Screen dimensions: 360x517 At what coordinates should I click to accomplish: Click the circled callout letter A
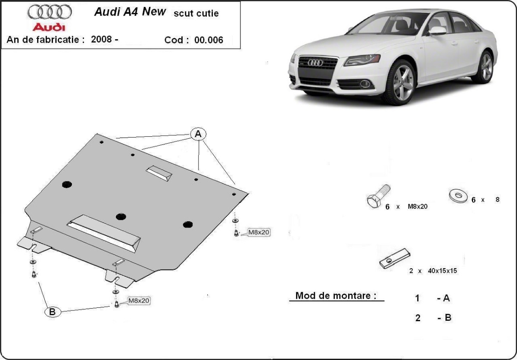(198, 134)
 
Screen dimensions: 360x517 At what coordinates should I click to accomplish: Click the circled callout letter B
(52, 312)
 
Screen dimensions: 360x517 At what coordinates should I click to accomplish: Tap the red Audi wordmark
(50, 27)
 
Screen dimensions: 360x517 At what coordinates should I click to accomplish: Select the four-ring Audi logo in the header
(50, 12)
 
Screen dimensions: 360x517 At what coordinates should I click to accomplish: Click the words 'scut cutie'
(196, 13)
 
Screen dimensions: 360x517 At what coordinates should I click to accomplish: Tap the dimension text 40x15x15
(442, 271)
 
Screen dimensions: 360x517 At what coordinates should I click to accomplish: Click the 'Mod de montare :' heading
(336, 296)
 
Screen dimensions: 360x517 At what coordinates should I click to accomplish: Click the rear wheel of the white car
(486, 67)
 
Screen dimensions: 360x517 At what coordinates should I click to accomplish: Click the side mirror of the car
(437, 31)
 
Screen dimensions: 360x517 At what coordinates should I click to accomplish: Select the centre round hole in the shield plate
(121, 216)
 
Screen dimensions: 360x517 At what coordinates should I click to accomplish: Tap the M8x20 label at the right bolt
(258, 232)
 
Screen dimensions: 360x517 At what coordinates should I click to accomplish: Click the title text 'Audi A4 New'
(130, 12)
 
